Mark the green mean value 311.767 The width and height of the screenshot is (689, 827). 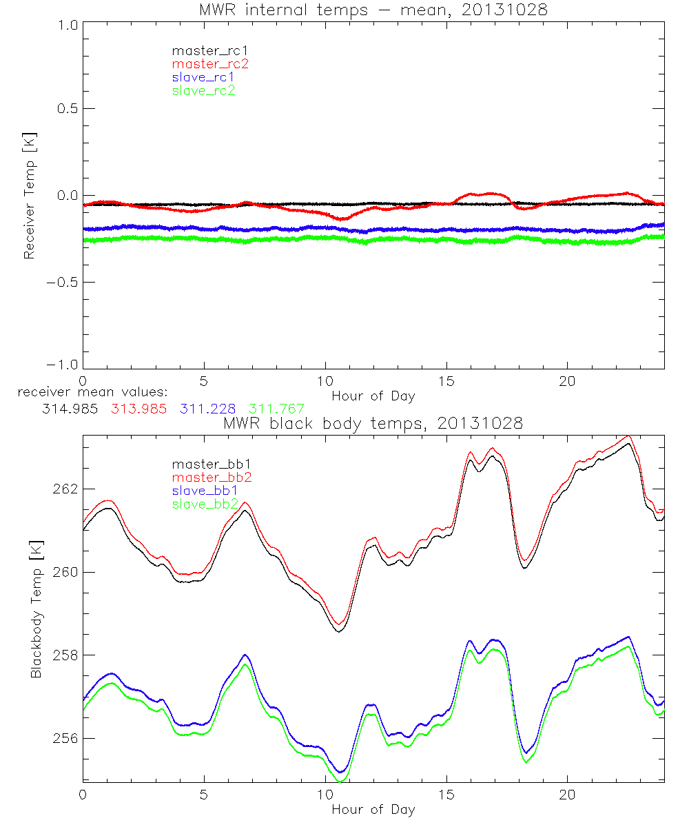click(x=276, y=409)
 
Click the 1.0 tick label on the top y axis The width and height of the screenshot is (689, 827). click(x=67, y=25)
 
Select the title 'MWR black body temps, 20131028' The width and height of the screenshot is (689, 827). click(x=373, y=424)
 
